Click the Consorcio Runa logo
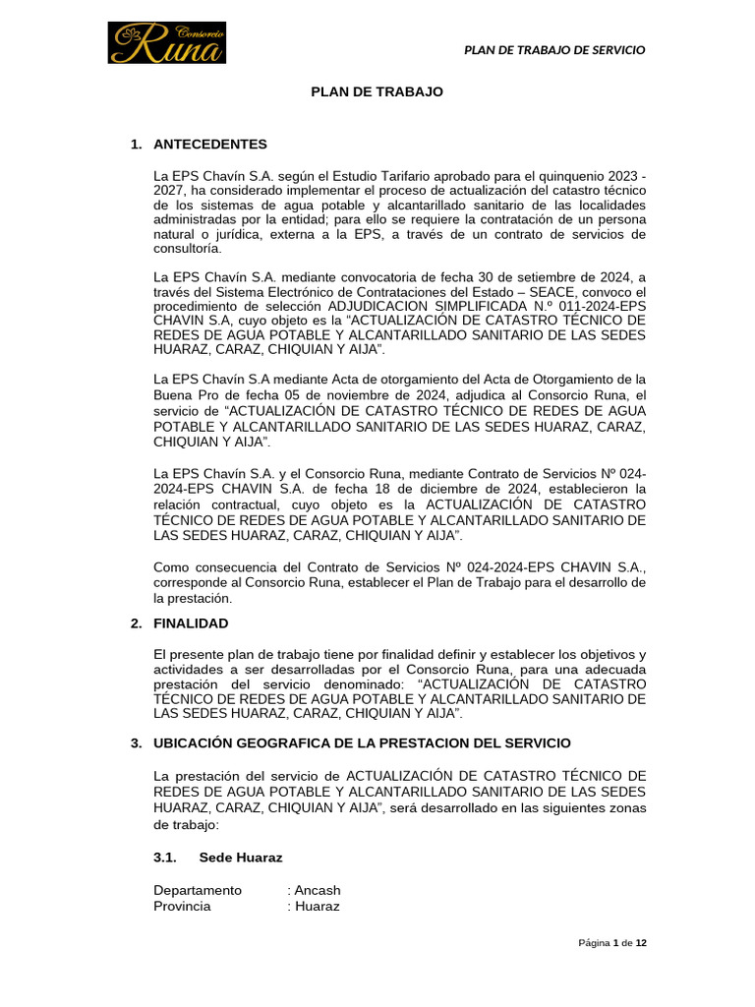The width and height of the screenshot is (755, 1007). pos(167,43)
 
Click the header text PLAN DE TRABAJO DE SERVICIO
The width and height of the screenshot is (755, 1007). pos(554,50)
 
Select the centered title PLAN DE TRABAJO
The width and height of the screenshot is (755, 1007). pos(377,91)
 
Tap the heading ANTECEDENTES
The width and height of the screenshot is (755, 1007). pos(210,145)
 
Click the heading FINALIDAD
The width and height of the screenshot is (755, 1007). pos(191,623)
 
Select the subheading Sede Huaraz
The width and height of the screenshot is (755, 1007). pos(240,858)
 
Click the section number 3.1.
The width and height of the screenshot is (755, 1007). pos(165,858)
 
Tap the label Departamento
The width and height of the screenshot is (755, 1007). pos(198,890)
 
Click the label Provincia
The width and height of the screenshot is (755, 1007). pos(182,906)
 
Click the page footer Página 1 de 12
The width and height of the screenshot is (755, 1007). pos(611,943)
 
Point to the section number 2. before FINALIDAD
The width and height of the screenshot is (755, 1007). pos(136,623)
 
